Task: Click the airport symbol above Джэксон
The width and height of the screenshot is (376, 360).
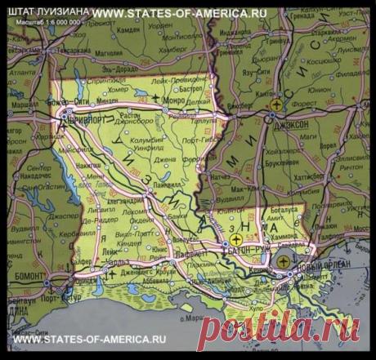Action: pyautogui.click(x=280, y=104)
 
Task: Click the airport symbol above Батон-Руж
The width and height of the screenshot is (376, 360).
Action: pyautogui.click(x=237, y=240)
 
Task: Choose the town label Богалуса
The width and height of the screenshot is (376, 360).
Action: pyautogui.click(x=281, y=210)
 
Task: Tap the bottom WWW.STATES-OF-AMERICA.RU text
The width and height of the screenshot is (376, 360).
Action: pyautogui.click(x=90, y=338)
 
